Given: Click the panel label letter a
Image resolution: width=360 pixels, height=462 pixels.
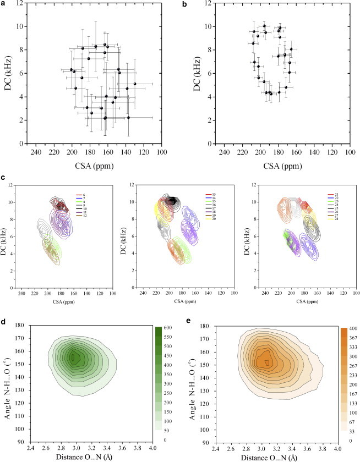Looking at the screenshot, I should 4,4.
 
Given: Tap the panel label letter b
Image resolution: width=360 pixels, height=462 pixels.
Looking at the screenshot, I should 192,4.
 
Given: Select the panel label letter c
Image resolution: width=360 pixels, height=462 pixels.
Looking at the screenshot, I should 4,178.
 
